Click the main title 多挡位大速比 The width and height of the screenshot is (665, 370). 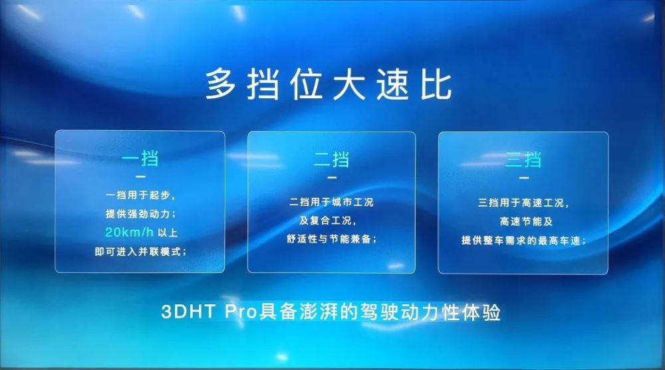click(x=329, y=85)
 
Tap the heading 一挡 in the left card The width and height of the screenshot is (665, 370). click(x=140, y=159)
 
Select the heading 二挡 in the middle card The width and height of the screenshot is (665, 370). click(x=332, y=160)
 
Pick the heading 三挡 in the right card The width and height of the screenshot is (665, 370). click(x=523, y=160)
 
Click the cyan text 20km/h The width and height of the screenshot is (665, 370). click(x=129, y=232)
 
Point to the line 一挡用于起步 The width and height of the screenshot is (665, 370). click(x=140, y=195)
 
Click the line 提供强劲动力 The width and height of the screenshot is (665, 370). click(x=140, y=214)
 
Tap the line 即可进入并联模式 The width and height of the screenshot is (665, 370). click(x=140, y=252)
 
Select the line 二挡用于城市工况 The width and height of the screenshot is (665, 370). click(x=331, y=202)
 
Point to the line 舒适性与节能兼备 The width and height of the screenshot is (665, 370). click(x=332, y=239)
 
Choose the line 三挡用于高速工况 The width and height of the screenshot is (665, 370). click(x=523, y=203)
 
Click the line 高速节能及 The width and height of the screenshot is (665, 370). click(x=526, y=221)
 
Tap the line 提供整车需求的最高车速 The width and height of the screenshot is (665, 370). click(x=523, y=240)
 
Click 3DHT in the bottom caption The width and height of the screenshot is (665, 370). click(x=188, y=312)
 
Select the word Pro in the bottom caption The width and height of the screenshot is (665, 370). click(x=241, y=312)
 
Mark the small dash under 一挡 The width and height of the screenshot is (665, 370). click(x=140, y=177)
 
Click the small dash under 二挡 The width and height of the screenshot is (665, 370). click(x=332, y=177)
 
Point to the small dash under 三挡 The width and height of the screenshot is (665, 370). click(x=524, y=178)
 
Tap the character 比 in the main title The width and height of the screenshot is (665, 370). click(x=436, y=85)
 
